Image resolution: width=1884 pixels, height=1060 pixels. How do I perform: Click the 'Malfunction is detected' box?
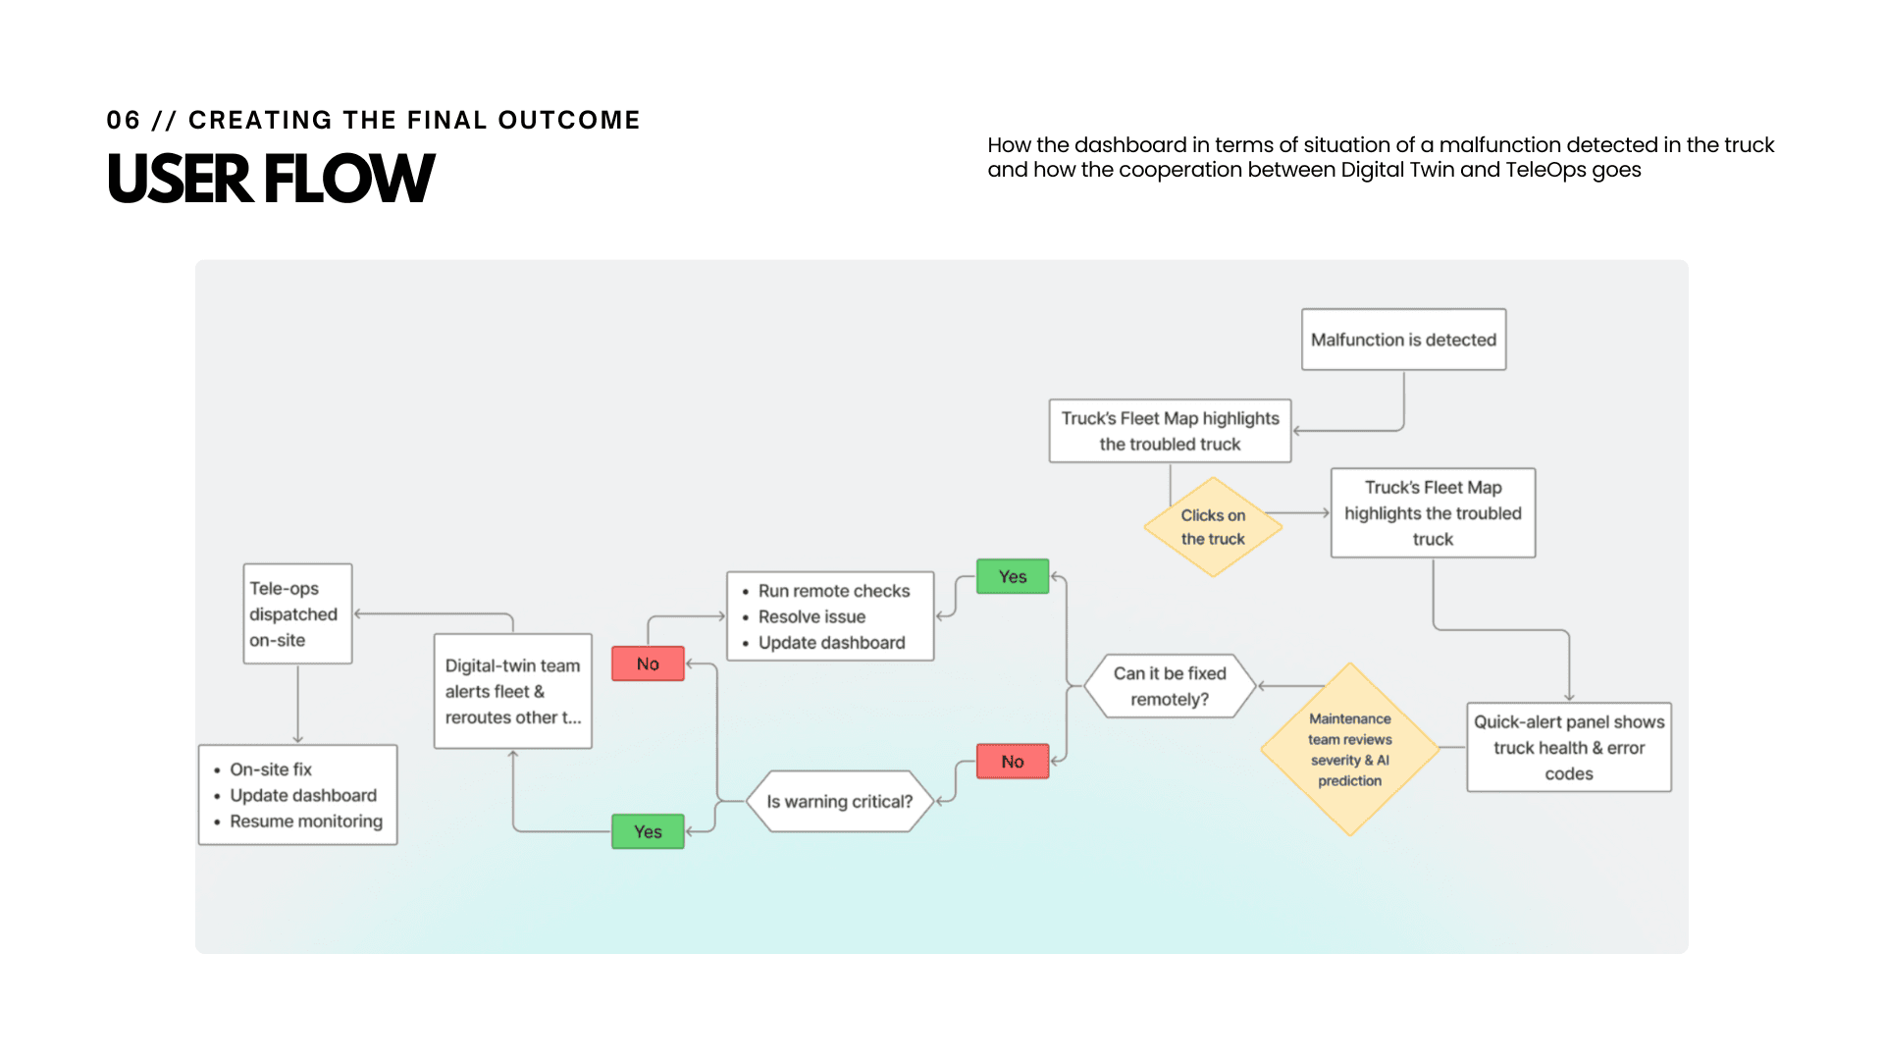coord(1403,340)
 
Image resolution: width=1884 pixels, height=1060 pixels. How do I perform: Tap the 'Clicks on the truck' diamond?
coord(1213,527)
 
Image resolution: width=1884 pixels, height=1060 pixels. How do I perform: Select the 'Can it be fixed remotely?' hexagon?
coord(1170,686)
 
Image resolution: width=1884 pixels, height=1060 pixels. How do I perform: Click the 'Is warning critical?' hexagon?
coord(839,801)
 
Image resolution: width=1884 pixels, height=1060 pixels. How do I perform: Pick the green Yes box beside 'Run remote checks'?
coord(1013,576)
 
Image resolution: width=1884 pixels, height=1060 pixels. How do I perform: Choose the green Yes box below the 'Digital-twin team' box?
coord(648,831)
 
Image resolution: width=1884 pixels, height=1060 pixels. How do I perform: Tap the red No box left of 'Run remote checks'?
coord(648,663)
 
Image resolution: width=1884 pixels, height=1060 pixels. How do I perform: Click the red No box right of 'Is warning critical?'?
coord(1013,762)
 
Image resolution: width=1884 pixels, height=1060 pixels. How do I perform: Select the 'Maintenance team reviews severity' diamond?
coord(1349,750)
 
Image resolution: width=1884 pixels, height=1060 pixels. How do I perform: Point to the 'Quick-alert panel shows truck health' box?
coord(1568,747)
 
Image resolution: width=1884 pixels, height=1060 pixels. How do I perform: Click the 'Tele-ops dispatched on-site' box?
coord(297,613)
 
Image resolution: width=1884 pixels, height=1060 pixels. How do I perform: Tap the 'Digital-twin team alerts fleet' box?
coord(512,691)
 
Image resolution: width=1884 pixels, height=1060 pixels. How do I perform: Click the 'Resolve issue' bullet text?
coord(811,616)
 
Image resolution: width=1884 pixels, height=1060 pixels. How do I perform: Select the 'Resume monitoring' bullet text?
coord(306,821)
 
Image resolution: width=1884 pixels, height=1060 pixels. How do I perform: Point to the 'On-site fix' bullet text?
coord(271,769)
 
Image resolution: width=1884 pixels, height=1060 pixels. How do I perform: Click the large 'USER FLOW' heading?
coord(271,179)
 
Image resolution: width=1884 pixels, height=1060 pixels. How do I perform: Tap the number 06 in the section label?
coord(123,120)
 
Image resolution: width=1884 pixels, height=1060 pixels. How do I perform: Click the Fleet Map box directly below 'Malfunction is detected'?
coord(1170,431)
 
